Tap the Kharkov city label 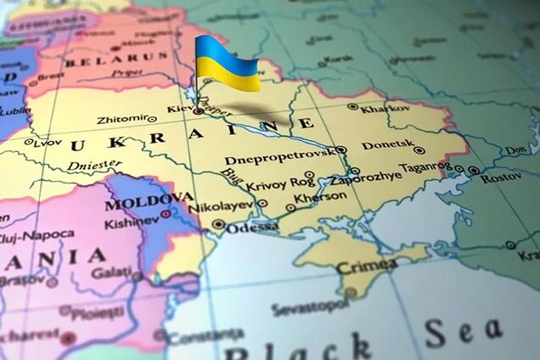pos(385,109)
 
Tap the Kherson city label pos(321,196)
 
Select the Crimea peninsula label pos(367,267)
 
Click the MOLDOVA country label pos(149,202)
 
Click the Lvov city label pos(48,143)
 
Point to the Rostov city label pos(501,177)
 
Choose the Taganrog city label pos(424,166)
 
